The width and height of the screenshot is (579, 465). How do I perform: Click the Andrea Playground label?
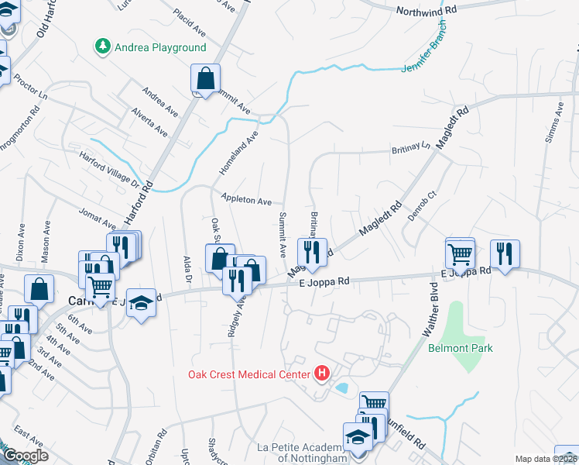pyautogui.click(x=160, y=47)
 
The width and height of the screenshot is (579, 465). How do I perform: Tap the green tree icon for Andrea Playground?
pyautogui.click(x=102, y=47)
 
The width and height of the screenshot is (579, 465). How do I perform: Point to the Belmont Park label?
pyautogui.click(x=461, y=348)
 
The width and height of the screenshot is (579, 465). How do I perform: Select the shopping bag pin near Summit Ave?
pyautogui.click(x=206, y=78)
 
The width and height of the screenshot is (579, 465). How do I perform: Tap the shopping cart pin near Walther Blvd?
pyautogui.click(x=460, y=253)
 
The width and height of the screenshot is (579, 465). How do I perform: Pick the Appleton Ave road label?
pyautogui.click(x=246, y=200)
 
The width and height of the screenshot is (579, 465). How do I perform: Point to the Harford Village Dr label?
pyautogui.click(x=108, y=169)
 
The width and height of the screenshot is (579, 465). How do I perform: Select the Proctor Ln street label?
pyautogui.click(x=31, y=92)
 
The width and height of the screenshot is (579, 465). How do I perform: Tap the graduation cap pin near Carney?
pyautogui.click(x=142, y=302)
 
